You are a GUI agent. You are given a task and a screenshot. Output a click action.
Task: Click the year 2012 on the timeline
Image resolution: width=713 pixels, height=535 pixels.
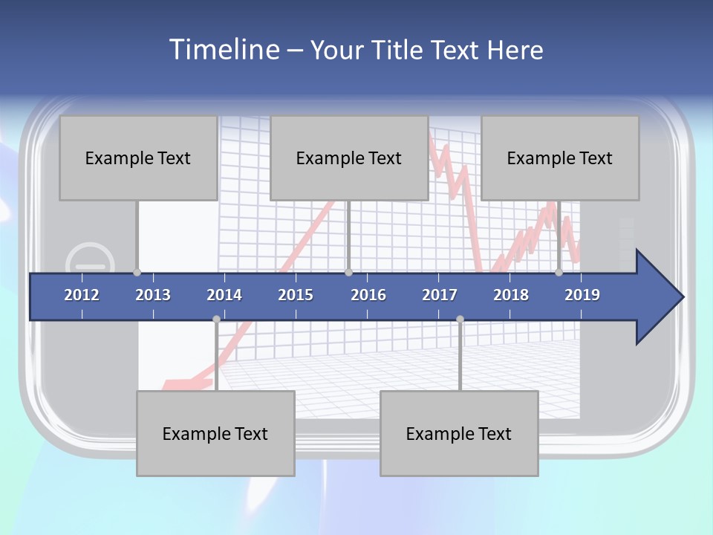point(82,295)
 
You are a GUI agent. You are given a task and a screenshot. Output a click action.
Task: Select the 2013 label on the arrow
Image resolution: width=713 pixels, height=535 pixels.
point(153,295)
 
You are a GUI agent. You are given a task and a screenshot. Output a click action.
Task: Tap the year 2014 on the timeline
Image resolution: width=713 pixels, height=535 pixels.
point(224,295)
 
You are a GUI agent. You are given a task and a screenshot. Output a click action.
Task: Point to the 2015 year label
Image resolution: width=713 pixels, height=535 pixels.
point(296,295)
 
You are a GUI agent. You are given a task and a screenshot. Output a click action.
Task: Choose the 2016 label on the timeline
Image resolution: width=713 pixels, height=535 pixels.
point(368,295)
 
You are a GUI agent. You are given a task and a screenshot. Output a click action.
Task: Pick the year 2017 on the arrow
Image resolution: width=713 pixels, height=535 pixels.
point(440,295)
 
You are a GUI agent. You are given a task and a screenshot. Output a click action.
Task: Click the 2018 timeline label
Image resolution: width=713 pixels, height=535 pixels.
point(511,295)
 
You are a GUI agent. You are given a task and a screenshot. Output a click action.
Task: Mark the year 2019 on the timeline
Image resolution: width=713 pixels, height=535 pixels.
point(582,295)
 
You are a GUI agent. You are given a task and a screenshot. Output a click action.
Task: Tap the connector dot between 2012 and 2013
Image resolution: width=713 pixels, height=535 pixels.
point(137,273)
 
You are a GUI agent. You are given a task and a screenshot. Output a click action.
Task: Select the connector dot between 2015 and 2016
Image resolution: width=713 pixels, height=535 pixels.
point(348,273)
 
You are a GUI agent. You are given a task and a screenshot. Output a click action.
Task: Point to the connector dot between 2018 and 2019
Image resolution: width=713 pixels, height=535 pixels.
point(559,273)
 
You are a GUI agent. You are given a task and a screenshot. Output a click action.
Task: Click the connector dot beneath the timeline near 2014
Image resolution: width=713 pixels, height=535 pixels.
point(216,319)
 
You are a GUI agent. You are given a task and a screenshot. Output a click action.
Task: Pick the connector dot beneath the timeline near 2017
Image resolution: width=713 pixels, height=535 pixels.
point(460,319)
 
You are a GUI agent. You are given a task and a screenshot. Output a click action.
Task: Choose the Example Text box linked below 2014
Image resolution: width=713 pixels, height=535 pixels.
point(215,433)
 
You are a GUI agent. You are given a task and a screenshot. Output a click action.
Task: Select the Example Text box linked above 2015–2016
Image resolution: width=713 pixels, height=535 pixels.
point(349,158)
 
